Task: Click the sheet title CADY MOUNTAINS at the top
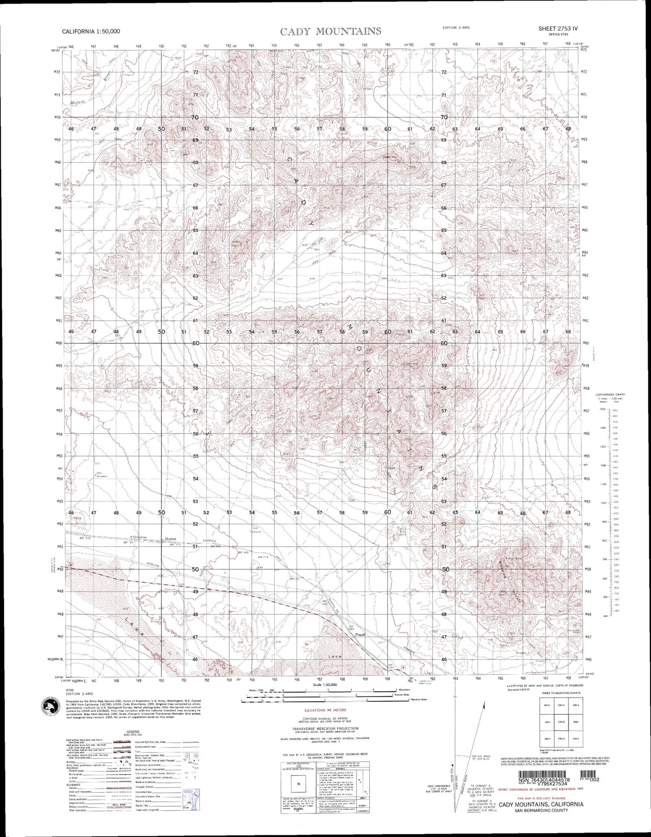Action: pos(331,31)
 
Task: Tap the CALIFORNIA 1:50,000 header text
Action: pos(91,31)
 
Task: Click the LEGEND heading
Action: pos(133,732)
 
